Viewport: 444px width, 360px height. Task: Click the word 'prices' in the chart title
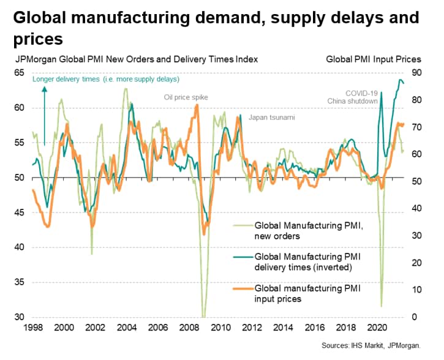pos(37,39)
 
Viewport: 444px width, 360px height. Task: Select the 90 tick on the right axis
pos(417,72)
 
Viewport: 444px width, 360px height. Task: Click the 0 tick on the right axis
pos(415,317)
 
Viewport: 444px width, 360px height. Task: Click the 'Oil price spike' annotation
pos(186,97)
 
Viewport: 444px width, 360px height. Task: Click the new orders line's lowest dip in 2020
pos(381,306)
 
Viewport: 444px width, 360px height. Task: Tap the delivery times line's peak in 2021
pos(401,80)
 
